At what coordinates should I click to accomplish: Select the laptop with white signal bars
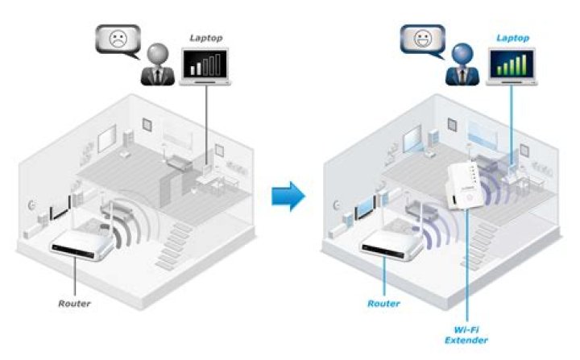(x=205, y=67)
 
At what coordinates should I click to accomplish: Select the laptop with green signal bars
(x=512, y=67)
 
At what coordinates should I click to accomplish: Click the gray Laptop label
(x=206, y=38)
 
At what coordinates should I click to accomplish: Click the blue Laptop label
(x=512, y=38)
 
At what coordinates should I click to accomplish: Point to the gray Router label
(x=74, y=304)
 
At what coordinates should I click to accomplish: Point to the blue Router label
(x=383, y=304)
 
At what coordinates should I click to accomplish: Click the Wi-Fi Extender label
(x=466, y=335)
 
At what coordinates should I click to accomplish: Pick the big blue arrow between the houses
(x=288, y=196)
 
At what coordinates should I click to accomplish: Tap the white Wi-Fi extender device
(x=465, y=186)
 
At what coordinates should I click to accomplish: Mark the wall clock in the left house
(x=31, y=205)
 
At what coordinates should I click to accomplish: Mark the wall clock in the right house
(x=337, y=205)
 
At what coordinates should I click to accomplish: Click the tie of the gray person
(x=158, y=75)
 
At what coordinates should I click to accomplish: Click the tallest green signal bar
(x=524, y=64)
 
